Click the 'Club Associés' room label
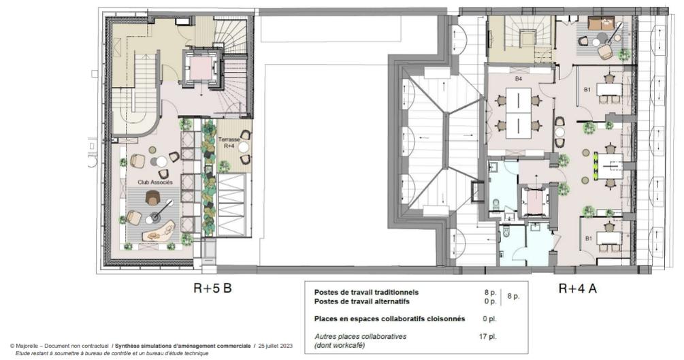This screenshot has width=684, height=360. click(x=155, y=183)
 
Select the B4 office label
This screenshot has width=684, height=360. click(x=518, y=80)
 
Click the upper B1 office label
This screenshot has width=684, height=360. click(x=587, y=90)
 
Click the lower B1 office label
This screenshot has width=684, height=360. click(x=588, y=239)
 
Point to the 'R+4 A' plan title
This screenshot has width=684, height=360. click(x=578, y=289)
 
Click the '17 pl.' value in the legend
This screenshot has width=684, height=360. click(x=487, y=336)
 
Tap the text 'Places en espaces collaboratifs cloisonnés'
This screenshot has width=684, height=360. click(x=389, y=318)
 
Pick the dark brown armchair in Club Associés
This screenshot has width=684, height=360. click(x=152, y=198)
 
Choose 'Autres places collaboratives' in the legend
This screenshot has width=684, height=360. click(x=360, y=336)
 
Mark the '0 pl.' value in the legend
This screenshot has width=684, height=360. click(x=489, y=318)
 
